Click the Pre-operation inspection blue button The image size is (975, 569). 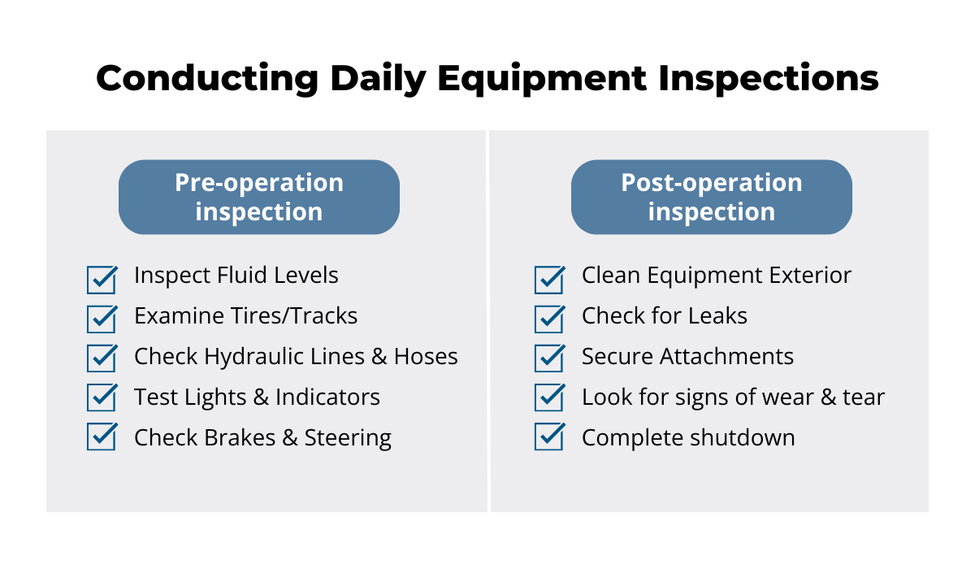259,197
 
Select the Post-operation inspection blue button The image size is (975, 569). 712,197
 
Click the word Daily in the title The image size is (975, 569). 379,79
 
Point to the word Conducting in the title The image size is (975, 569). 207,78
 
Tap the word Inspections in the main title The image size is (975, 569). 769,78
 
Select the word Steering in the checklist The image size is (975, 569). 348,438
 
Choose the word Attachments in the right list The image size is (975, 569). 726,357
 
